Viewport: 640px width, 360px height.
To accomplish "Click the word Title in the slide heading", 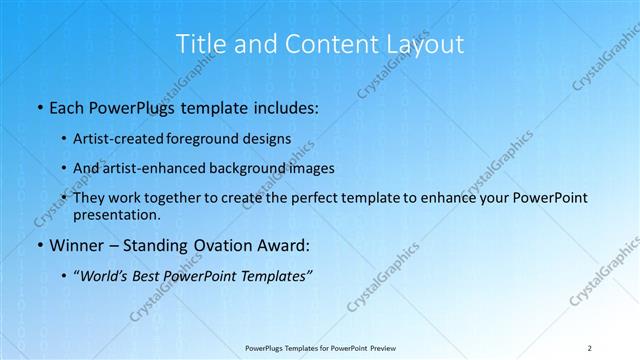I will tap(200, 44).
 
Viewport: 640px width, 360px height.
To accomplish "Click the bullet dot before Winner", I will tap(38, 246).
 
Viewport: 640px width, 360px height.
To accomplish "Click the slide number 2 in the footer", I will tap(590, 347).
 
